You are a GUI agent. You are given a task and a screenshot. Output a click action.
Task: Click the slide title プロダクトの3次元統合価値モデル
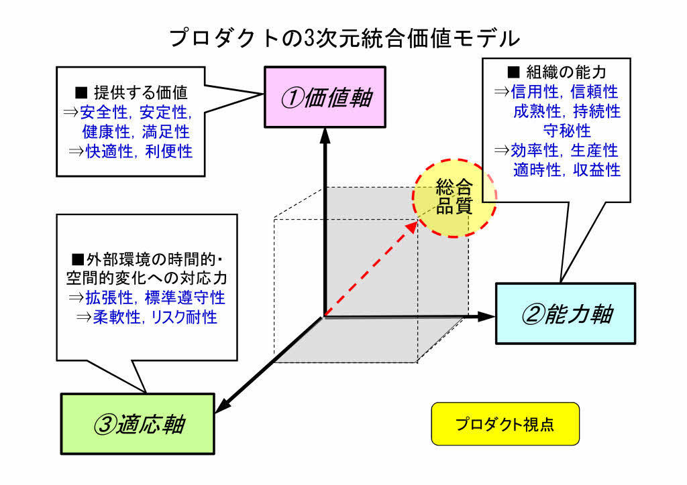point(344,38)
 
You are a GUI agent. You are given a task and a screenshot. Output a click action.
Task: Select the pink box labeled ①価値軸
point(325,98)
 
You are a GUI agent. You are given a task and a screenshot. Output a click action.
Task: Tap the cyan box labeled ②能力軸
point(565,314)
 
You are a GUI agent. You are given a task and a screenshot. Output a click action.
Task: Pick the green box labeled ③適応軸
point(139,424)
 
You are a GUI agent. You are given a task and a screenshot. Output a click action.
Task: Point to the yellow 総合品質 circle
point(454,197)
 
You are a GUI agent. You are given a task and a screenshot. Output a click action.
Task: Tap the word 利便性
point(168,151)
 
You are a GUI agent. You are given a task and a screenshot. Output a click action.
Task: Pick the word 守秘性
point(566,130)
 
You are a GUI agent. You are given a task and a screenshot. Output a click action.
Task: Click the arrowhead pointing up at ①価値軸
point(325,134)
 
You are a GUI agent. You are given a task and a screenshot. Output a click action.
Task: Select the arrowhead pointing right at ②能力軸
point(487,316)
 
